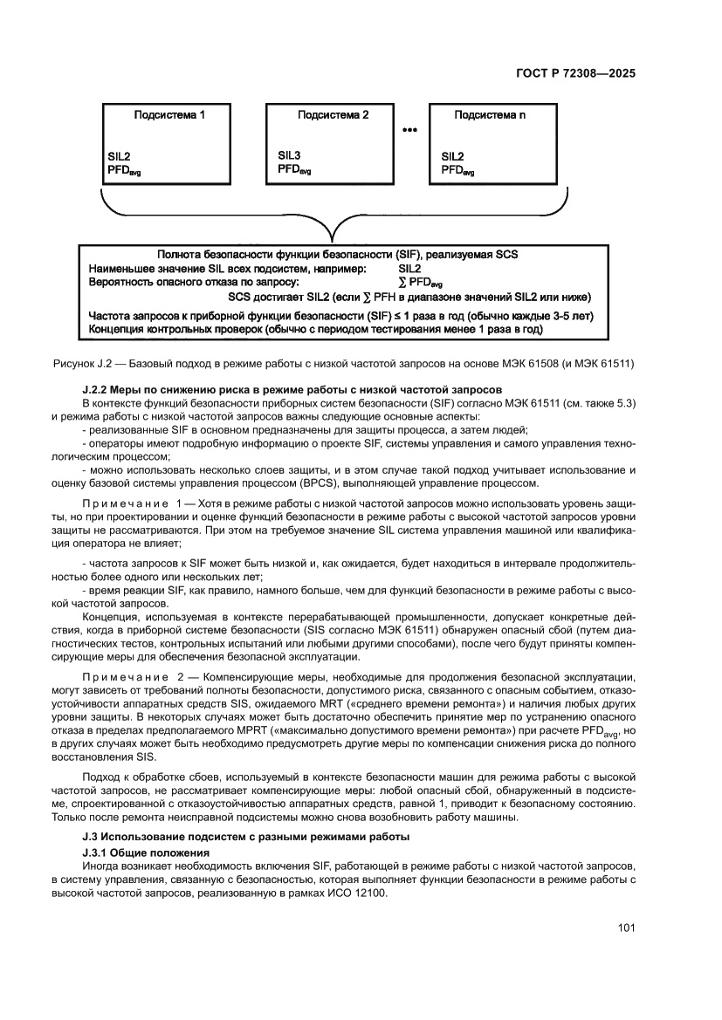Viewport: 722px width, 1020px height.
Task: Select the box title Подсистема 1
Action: pyautogui.click(x=169, y=114)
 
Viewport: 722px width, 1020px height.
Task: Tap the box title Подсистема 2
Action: pyautogui.click(x=333, y=114)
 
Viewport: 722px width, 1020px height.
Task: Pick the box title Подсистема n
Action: pyautogui.click(x=490, y=114)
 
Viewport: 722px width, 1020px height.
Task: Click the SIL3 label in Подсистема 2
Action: pyautogui.click(x=290, y=155)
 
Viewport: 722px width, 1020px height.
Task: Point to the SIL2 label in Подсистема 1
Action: pyautogui.click(x=119, y=156)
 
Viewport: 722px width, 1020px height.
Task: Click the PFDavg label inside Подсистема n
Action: pyautogui.click(x=457, y=170)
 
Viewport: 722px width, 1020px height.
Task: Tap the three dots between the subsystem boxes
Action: pyautogui.click(x=409, y=130)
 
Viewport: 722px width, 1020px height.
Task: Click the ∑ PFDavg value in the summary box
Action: pyautogui.click(x=420, y=283)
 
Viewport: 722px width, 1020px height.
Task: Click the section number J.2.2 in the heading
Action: pyautogui.click(x=97, y=388)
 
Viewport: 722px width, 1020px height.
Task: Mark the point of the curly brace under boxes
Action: pyautogui.click(x=326, y=240)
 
